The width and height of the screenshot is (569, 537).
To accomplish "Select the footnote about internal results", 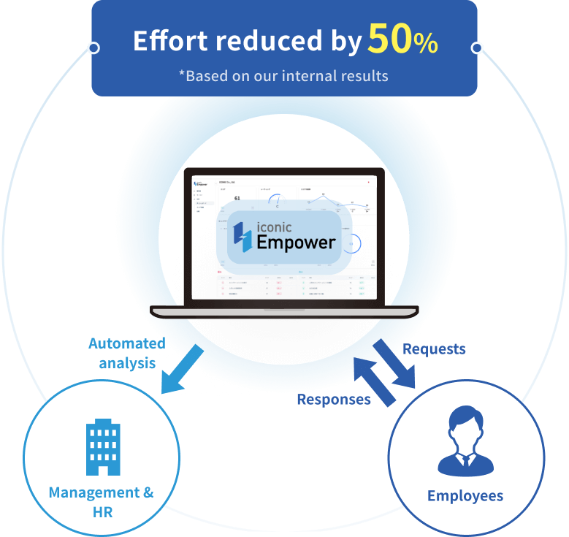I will (x=283, y=75).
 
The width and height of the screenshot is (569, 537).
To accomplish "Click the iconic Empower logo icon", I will (x=242, y=235).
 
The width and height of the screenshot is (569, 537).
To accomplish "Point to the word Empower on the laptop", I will (x=296, y=243).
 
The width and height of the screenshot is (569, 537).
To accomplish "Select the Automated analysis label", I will (x=126, y=352).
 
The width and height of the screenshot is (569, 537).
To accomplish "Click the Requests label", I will (x=434, y=349).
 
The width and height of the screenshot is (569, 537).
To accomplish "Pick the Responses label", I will (x=333, y=400).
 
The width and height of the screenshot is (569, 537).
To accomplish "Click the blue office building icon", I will (x=102, y=446).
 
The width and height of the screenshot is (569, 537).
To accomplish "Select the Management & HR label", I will (x=102, y=501).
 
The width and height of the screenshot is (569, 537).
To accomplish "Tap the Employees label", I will (x=465, y=496).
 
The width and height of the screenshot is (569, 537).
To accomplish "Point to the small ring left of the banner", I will (x=93, y=48).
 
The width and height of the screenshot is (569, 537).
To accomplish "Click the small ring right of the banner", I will (x=477, y=48).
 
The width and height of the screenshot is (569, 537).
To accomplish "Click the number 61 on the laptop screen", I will (x=237, y=198).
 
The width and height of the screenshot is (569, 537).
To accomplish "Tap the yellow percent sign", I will (x=427, y=45).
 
